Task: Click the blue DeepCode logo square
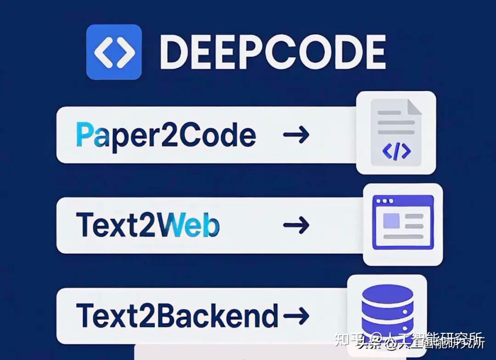click(x=114, y=52)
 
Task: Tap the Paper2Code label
click(x=166, y=135)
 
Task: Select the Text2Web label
click(x=148, y=225)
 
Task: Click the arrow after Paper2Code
click(x=296, y=135)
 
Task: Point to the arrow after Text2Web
click(x=296, y=225)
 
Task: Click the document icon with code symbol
click(x=396, y=132)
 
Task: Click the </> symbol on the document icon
click(x=396, y=151)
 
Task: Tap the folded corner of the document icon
click(x=413, y=107)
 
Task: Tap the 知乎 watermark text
click(x=350, y=340)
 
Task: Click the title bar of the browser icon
click(x=403, y=201)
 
